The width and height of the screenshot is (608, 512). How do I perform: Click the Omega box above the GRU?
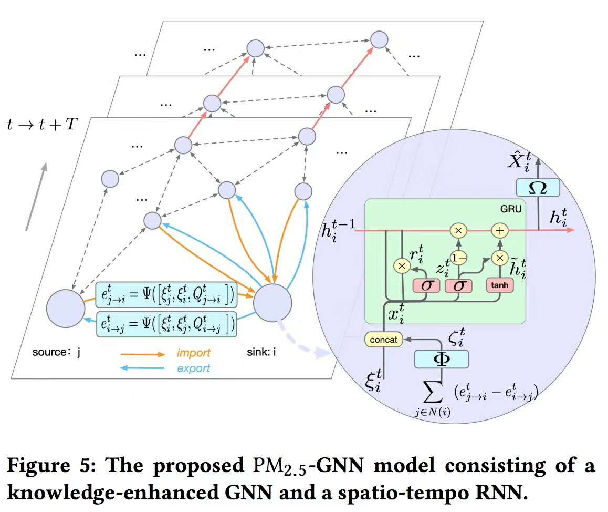[x=538, y=187]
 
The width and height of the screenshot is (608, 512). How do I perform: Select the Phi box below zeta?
[x=441, y=359]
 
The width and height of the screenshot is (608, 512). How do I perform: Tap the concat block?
[x=383, y=340]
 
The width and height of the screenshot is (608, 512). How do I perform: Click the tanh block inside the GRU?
[x=499, y=285]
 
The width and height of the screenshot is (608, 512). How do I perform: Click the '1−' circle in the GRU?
[x=458, y=257]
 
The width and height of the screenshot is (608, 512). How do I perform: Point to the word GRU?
[x=511, y=209]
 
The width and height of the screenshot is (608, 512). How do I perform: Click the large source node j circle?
[x=66, y=308]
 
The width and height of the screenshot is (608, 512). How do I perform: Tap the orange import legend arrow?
[x=144, y=354]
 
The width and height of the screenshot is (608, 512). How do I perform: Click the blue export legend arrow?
[x=144, y=368]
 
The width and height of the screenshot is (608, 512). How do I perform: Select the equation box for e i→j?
[x=166, y=324]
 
